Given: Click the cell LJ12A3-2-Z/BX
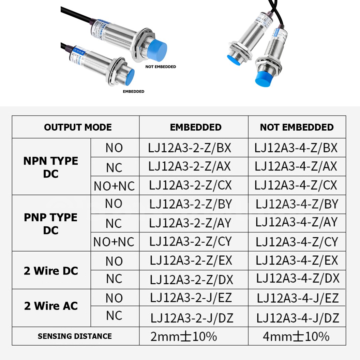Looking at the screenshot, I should tap(190, 148).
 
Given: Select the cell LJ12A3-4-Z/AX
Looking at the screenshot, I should tap(296, 166).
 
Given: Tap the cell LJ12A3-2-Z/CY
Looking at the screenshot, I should tap(191, 242).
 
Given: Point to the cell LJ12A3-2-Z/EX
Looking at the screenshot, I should tap(191, 260).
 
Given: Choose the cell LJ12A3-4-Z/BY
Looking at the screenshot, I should tap(297, 204).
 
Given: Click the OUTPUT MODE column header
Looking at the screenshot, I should tap(78, 127).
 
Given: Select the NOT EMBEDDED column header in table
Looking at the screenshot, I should tap(297, 127).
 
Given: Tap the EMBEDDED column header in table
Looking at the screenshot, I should tap(196, 127).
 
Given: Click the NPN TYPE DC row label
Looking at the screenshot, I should tap(51, 167).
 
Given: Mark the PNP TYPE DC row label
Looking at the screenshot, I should tap(51, 224).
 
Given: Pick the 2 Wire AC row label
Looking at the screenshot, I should tap(51, 306).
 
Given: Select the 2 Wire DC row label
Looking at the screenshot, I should tap(51, 271).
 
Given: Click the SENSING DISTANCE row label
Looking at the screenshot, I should tap(75, 336).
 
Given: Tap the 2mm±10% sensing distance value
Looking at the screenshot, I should tap(184, 336).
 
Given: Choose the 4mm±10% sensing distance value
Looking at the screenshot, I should tap(296, 336).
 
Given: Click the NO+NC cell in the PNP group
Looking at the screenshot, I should tap(114, 242).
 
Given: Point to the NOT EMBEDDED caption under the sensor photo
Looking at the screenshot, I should tap(161, 67).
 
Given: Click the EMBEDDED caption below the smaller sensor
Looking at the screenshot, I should tap(133, 91).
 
